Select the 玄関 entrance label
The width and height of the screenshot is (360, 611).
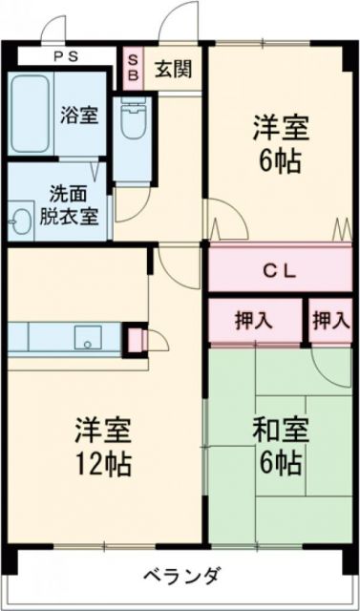pos(173,69)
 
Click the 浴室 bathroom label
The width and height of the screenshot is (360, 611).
pos(78,116)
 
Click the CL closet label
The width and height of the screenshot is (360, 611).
pos(279,271)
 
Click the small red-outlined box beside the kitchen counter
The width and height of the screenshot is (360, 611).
pos(135,338)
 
